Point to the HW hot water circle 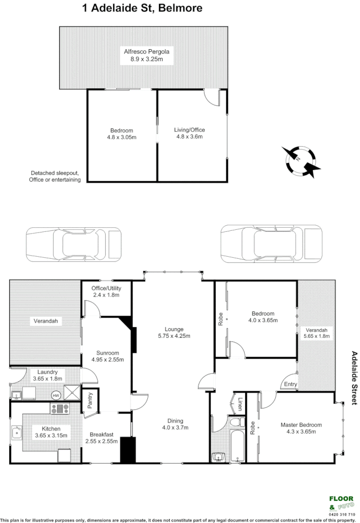(56, 395)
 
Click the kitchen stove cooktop (60, 408)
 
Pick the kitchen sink (17, 433)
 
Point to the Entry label (290, 384)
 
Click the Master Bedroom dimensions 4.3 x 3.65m (301, 432)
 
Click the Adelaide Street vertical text (354, 377)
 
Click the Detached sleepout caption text (55, 176)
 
